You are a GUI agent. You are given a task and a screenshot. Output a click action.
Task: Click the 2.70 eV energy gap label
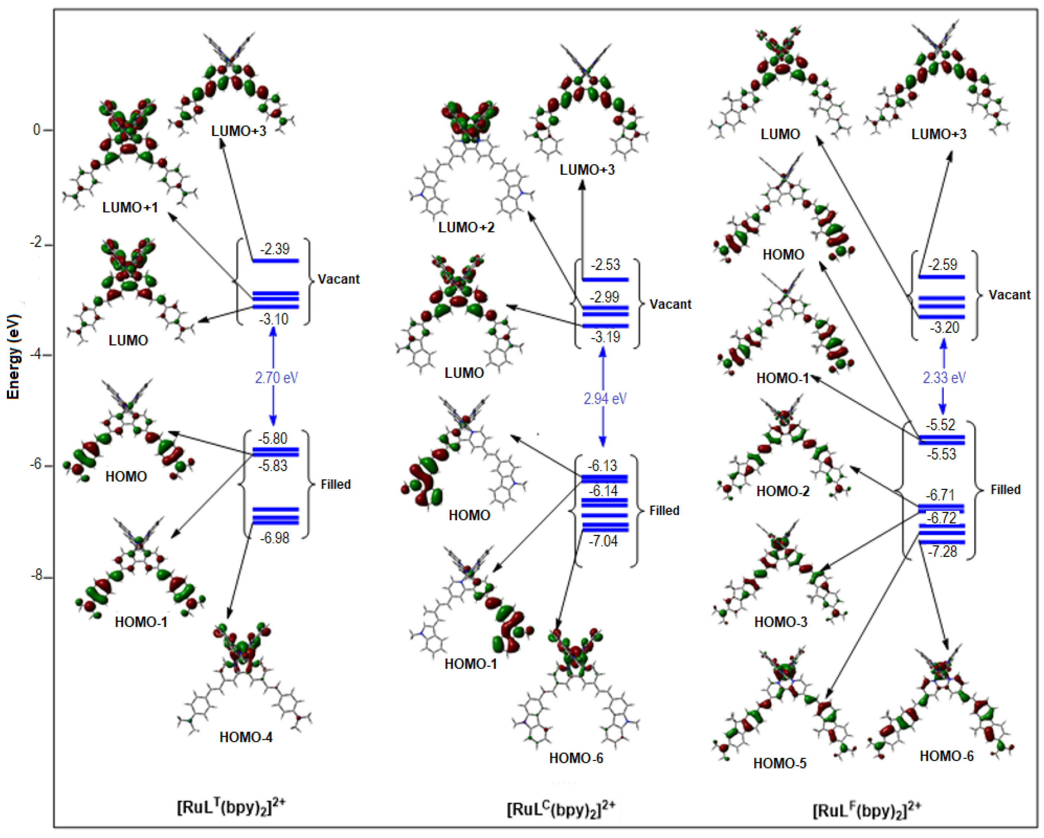pos(276,378)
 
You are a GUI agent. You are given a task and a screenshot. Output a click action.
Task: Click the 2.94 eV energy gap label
pos(605,399)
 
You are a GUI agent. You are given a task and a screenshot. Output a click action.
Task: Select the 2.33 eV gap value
pos(944,378)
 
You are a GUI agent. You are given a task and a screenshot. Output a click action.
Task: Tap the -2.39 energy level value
pos(275,249)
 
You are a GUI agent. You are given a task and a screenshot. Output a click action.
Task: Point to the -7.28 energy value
pos(942,552)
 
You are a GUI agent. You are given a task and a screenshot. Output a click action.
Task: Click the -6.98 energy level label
pos(275,538)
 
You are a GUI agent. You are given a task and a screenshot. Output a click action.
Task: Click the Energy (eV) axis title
pos(14,357)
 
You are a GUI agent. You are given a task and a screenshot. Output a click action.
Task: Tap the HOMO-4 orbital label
pos(246,737)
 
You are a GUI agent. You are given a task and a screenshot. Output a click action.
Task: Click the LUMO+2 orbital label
pos(466,227)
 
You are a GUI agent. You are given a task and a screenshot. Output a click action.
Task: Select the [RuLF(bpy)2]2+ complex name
pos(866,810)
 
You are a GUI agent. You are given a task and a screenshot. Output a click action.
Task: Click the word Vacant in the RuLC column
pos(670,304)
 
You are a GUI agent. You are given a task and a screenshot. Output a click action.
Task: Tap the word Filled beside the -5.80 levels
pos(336,484)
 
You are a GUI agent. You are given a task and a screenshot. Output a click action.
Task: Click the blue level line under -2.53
pos(605,279)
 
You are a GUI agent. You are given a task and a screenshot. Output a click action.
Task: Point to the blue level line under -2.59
pos(941,277)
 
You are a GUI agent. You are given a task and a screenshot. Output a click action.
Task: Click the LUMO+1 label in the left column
pos(130,208)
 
